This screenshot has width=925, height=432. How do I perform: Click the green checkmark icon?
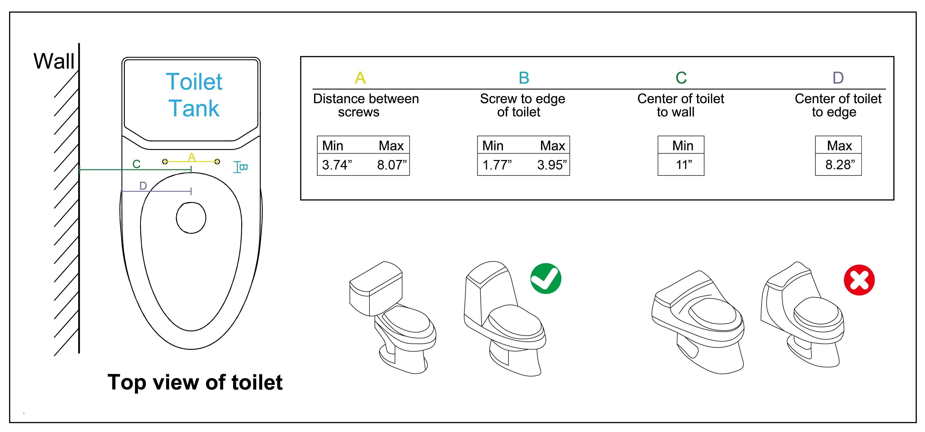pos(545,278)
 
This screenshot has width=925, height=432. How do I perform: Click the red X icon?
pos(859,280)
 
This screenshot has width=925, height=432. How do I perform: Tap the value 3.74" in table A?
pos(336,165)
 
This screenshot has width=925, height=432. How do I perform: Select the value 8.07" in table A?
pos(391,165)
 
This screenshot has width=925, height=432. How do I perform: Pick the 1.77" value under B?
pos(497,165)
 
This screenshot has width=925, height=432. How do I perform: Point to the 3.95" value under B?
pos(552,165)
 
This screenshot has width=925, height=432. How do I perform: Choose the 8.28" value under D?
pos(840,165)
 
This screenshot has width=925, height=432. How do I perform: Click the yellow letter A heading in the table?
pos(360,78)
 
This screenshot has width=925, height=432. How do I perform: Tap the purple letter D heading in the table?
pos(838,78)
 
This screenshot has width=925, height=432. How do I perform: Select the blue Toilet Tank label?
pos(194,95)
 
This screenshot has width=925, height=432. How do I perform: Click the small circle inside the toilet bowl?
pos(191,218)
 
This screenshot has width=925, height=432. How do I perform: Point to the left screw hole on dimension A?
pos(165,162)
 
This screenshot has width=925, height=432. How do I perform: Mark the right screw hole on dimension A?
pos(217,162)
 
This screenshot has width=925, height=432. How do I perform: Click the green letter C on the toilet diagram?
pos(136,164)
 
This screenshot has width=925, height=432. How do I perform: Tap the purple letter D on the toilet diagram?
pos(143,185)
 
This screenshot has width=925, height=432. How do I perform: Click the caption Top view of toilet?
pos(195,382)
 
